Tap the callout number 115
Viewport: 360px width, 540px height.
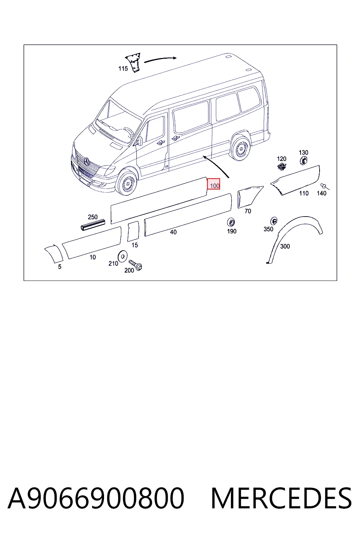point(123,69)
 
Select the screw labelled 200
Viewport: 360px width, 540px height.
point(135,265)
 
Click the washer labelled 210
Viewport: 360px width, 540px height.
point(122,256)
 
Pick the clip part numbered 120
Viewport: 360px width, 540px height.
point(282,167)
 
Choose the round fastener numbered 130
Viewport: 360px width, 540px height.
point(304,160)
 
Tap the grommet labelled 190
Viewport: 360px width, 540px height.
point(231,222)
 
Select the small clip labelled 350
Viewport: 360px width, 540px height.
point(274,221)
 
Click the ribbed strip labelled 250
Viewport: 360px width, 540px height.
point(93,225)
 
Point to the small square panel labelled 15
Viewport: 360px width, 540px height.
point(133,231)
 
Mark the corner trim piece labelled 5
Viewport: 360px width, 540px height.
point(54,253)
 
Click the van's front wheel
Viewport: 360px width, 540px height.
point(126,183)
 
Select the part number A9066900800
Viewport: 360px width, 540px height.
point(96,498)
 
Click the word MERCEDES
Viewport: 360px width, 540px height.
point(281,498)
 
